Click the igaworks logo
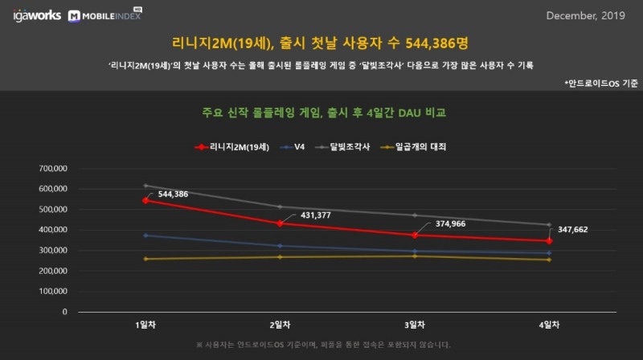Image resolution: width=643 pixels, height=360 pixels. coord(37,15)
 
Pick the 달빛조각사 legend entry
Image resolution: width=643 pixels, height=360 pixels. coord(344,147)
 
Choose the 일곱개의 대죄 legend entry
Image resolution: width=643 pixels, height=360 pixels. coord(413,147)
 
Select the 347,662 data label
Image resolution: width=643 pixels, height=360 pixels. coord(571,229)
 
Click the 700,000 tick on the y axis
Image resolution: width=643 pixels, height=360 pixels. coord(54,169)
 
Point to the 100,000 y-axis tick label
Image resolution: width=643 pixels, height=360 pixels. coord(54,292)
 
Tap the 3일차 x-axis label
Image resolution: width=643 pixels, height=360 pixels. coord(414,325)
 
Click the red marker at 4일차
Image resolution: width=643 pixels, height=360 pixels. coord(549,240)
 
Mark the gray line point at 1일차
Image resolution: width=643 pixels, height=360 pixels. coord(145,186)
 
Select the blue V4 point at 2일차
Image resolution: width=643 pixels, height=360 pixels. coord(280,246)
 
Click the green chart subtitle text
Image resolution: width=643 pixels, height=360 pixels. coord(324,112)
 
